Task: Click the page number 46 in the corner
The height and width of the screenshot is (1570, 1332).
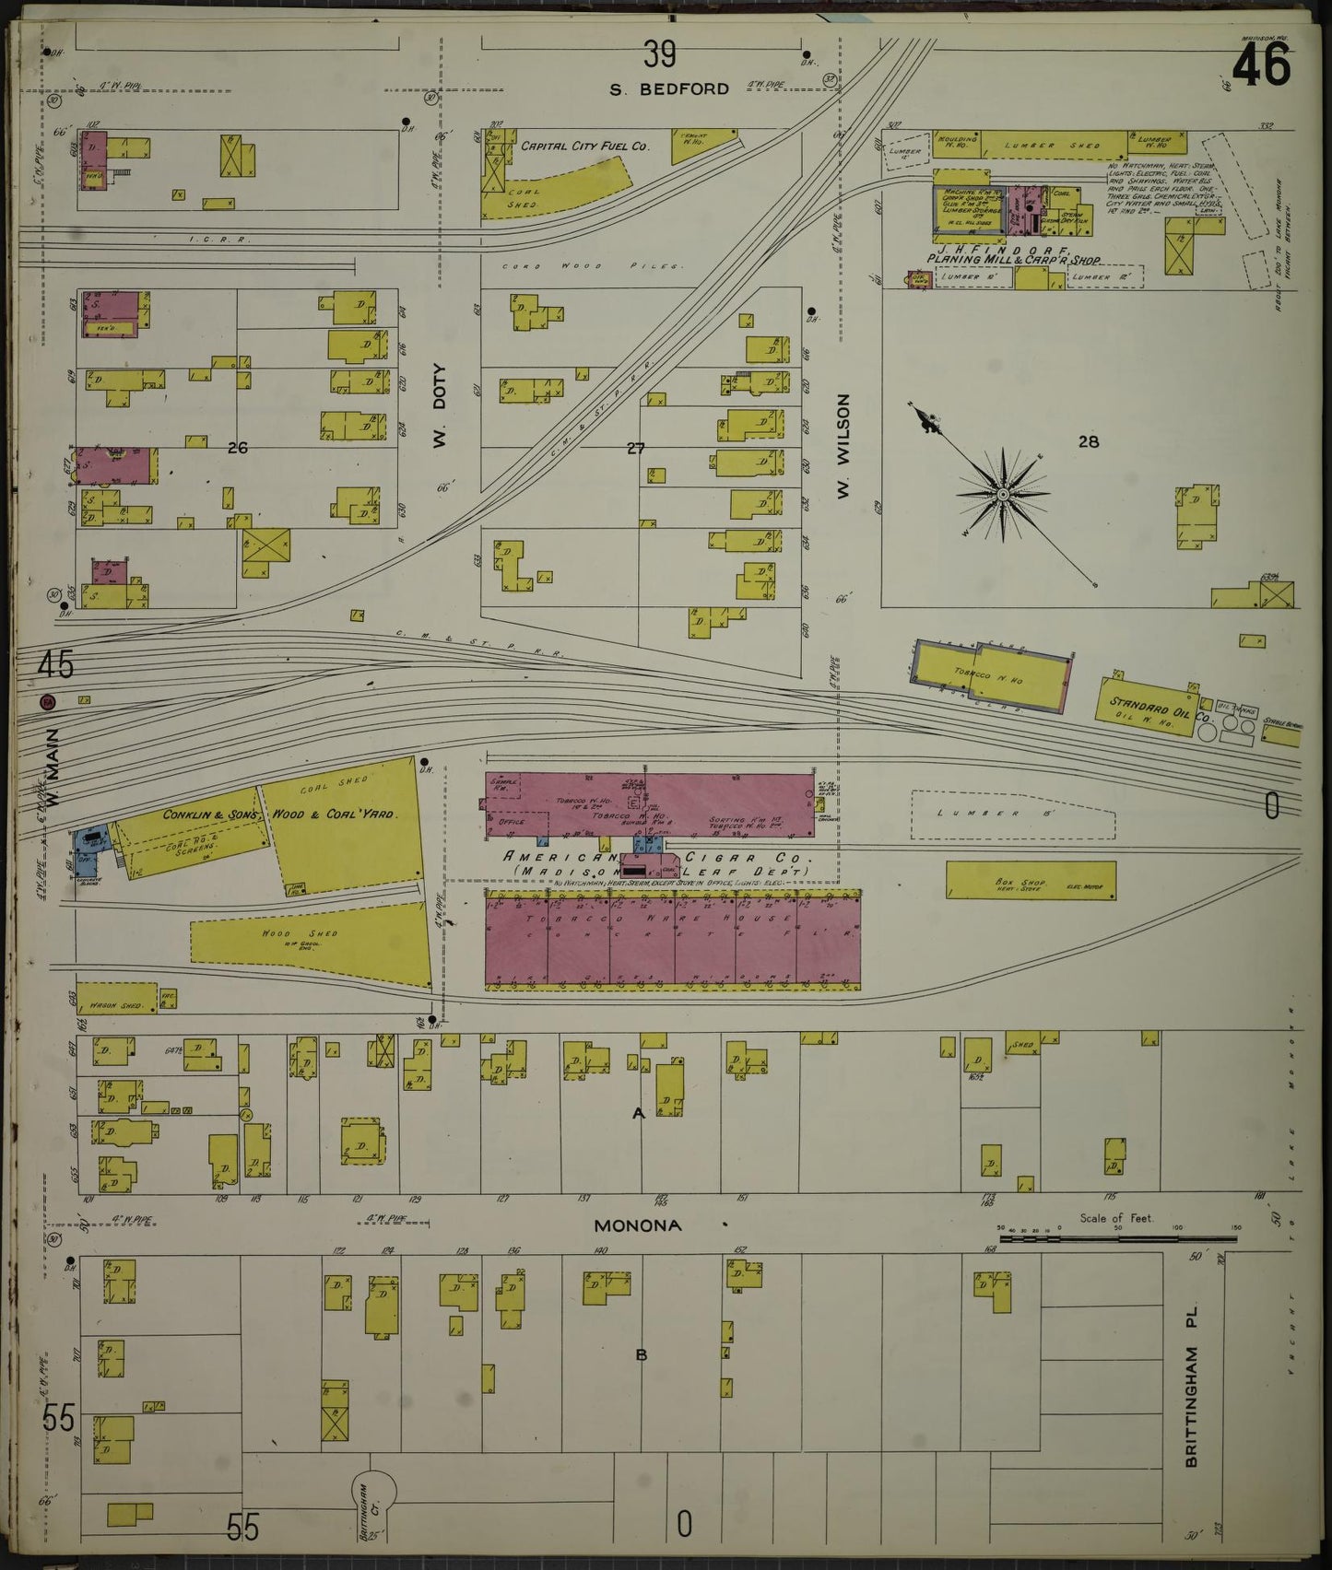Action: coord(1260,66)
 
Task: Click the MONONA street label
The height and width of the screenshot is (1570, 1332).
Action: coord(637,1225)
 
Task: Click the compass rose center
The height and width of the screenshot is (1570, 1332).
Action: coord(1003,494)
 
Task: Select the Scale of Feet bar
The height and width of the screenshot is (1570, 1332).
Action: coord(1117,1237)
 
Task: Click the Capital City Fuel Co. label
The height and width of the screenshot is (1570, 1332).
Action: coord(585,146)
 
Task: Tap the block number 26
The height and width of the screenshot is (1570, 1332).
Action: coord(238,448)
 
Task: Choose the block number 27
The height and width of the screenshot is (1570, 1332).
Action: coord(636,449)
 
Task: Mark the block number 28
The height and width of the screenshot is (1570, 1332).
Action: coord(1089,441)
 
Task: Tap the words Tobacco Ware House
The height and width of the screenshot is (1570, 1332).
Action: coord(674,919)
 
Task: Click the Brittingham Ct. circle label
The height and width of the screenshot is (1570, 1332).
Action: coord(373,1492)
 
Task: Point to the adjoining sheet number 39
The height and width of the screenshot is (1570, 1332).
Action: coord(660,55)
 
